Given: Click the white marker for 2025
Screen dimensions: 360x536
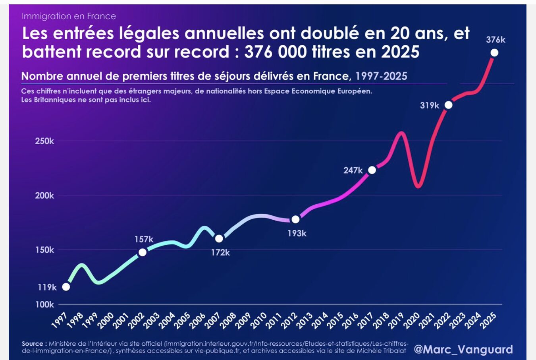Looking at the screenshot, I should (494, 52).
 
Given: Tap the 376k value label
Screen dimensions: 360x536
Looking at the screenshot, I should (496, 40).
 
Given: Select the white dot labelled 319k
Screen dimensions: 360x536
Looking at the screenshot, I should (448, 105).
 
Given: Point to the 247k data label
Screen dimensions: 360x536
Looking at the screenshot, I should (353, 170).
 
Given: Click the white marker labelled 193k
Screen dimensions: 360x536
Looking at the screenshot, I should (295, 219).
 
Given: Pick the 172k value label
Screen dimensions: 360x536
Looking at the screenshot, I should (220, 252).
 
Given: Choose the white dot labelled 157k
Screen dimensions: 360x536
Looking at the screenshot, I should (143, 252).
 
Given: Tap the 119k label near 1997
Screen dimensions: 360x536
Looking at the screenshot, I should (47, 287).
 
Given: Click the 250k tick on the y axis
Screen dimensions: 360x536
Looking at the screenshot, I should (44, 141).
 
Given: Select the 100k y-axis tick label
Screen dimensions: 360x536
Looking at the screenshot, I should (44, 304).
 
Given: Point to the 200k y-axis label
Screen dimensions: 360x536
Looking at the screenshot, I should (44, 195).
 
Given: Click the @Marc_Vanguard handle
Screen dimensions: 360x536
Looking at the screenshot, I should (463, 349).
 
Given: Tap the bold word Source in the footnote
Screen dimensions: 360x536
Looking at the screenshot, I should (32, 344).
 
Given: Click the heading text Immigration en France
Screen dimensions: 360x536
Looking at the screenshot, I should (69, 16).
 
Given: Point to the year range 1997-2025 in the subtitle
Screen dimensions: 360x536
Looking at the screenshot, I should (381, 76).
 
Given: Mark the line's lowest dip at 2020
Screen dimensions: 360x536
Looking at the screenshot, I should (418, 186).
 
